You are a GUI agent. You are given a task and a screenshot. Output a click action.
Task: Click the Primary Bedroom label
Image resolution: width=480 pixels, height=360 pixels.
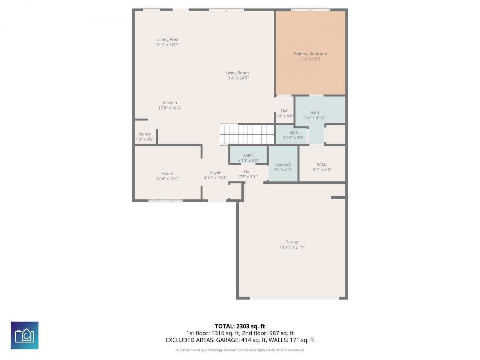310,54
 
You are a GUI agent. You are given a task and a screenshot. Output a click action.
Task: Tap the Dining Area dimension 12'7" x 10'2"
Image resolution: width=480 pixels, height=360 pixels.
167,45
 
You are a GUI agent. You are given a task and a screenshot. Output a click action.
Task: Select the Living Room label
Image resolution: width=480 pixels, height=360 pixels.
237,73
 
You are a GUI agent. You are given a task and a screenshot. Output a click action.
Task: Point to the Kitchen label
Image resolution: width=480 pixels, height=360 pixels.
169,103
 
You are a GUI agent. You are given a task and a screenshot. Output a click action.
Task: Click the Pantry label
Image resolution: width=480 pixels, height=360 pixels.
144,134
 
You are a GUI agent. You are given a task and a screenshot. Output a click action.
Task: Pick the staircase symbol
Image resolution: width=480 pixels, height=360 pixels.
247,134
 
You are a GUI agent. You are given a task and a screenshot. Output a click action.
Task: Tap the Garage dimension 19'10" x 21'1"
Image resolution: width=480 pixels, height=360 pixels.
292,247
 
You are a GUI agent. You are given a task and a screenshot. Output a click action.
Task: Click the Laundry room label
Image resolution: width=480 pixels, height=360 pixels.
283,165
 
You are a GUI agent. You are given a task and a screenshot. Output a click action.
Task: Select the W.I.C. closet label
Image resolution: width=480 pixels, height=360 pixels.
322,165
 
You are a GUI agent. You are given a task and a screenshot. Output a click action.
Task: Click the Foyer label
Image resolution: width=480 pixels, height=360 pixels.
215,173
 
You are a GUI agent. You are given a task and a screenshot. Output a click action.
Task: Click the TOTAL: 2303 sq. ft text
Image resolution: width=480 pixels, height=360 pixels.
240,326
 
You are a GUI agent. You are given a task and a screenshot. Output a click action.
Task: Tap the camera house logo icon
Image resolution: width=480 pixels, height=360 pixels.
24,335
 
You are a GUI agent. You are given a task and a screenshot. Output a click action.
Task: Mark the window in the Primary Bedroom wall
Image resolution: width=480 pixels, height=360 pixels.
310,10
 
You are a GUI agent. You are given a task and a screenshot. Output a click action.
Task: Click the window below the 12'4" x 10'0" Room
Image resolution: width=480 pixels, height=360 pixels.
165,201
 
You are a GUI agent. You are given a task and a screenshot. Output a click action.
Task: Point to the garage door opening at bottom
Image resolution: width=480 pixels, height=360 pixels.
294,298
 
